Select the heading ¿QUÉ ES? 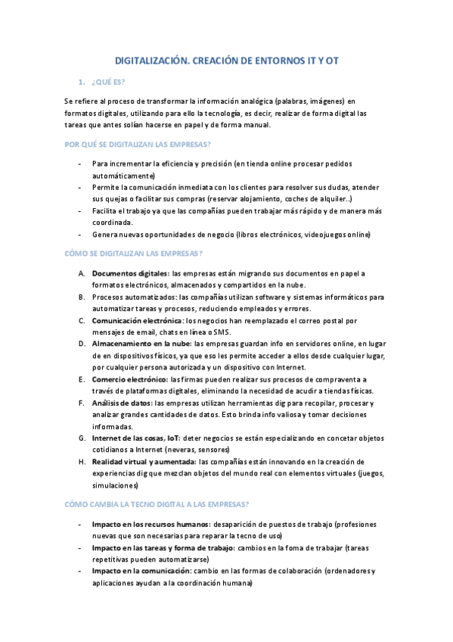(x=108, y=81)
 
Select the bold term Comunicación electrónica (x=137, y=321)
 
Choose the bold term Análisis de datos (x=121, y=404)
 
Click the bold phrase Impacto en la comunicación (x=141, y=571)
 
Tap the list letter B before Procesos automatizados (x=80, y=298)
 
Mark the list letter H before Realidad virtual (x=80, y=462)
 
